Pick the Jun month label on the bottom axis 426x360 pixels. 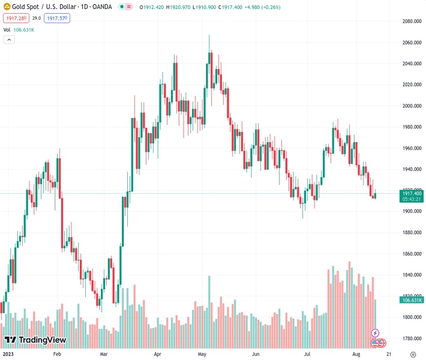[x=256, y=355]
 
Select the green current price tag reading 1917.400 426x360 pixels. [x=412, y=193]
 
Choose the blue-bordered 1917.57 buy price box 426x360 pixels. [x=57, y=19]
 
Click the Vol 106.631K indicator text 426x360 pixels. [x=19, y=29]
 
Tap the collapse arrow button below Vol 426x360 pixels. [x=9, y=40]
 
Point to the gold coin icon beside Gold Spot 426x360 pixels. [x=7, y=7]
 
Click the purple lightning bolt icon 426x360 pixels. [x=376, y=333]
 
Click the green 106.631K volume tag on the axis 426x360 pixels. [x=412, y=299]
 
